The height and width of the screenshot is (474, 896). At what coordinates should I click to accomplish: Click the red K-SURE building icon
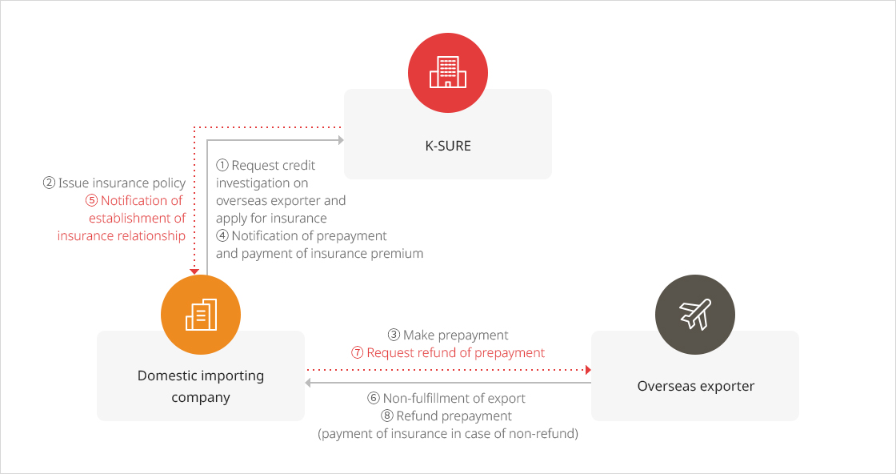(x=448, y=73)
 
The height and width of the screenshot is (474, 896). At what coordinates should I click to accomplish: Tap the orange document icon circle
(x=201, y=315)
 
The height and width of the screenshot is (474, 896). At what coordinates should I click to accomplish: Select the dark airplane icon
(x=695, y=315)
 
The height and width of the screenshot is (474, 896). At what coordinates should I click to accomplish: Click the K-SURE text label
(x=448, y=146)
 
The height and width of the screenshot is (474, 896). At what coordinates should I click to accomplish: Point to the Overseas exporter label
(x=695, y=386)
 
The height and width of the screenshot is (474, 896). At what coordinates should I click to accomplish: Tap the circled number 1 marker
(x=222, y=165)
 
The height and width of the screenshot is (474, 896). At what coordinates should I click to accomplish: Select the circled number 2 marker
(x=49, y=183)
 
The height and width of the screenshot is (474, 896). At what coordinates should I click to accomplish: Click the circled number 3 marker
(x=394, y=335)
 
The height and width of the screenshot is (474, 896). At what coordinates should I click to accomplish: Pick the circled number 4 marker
(x=222, y=235)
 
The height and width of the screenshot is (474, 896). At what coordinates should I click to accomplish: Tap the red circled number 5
(x=91, y=201)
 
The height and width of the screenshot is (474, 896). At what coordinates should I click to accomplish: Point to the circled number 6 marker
(x=374, y=399)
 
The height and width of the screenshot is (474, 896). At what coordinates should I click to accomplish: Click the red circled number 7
(x=358, y=353)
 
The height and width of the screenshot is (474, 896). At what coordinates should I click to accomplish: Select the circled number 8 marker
(x=387, y=416)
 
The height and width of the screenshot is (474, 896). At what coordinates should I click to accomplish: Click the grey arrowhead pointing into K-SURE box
(x=341, y=140)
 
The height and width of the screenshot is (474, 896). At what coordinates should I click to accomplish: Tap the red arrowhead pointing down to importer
(x=194, y=271)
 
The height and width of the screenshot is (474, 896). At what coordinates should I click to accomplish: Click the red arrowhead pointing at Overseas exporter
(x=588, y=370)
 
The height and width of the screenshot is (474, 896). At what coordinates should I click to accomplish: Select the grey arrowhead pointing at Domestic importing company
(x=307, y=383)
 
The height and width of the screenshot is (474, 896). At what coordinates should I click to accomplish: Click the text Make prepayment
(x=455, y=335)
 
